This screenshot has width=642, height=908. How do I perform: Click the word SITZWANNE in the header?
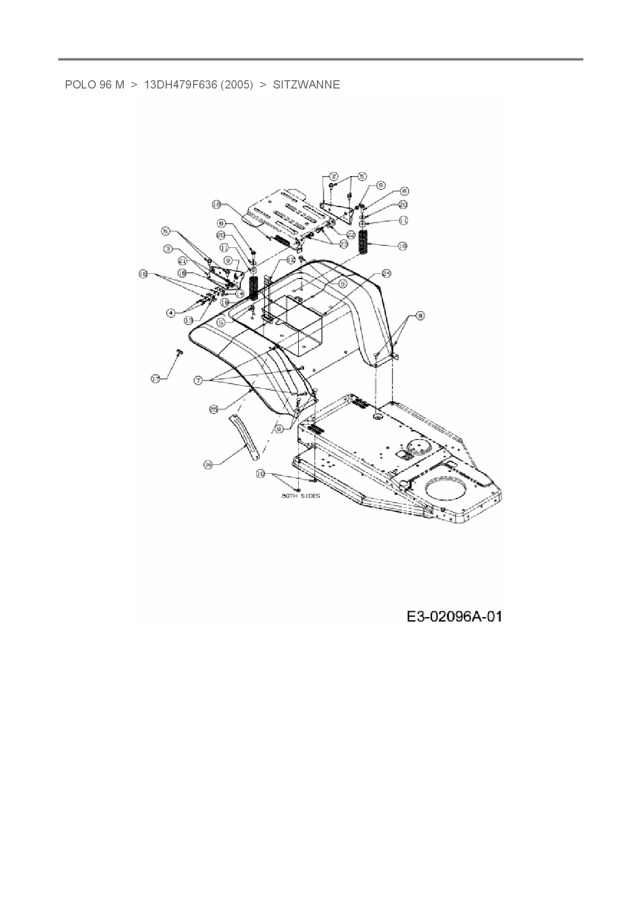[x=306, y=85]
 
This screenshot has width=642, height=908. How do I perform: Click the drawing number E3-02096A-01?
[x=454, y=617]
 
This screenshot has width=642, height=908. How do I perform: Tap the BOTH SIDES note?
[x=301, y=496]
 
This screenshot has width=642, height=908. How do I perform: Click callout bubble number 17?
[x=155, y=379]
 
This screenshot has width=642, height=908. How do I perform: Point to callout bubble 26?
[x=208, y=465]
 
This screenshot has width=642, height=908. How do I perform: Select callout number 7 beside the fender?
[x=198, y=380]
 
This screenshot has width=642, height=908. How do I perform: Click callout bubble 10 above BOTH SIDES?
[x=261, y=473]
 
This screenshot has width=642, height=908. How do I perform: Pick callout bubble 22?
[x=351, y=235]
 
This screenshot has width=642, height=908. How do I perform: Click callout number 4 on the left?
[x=171, y=312]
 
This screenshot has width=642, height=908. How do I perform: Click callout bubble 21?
[x=182, y=261]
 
